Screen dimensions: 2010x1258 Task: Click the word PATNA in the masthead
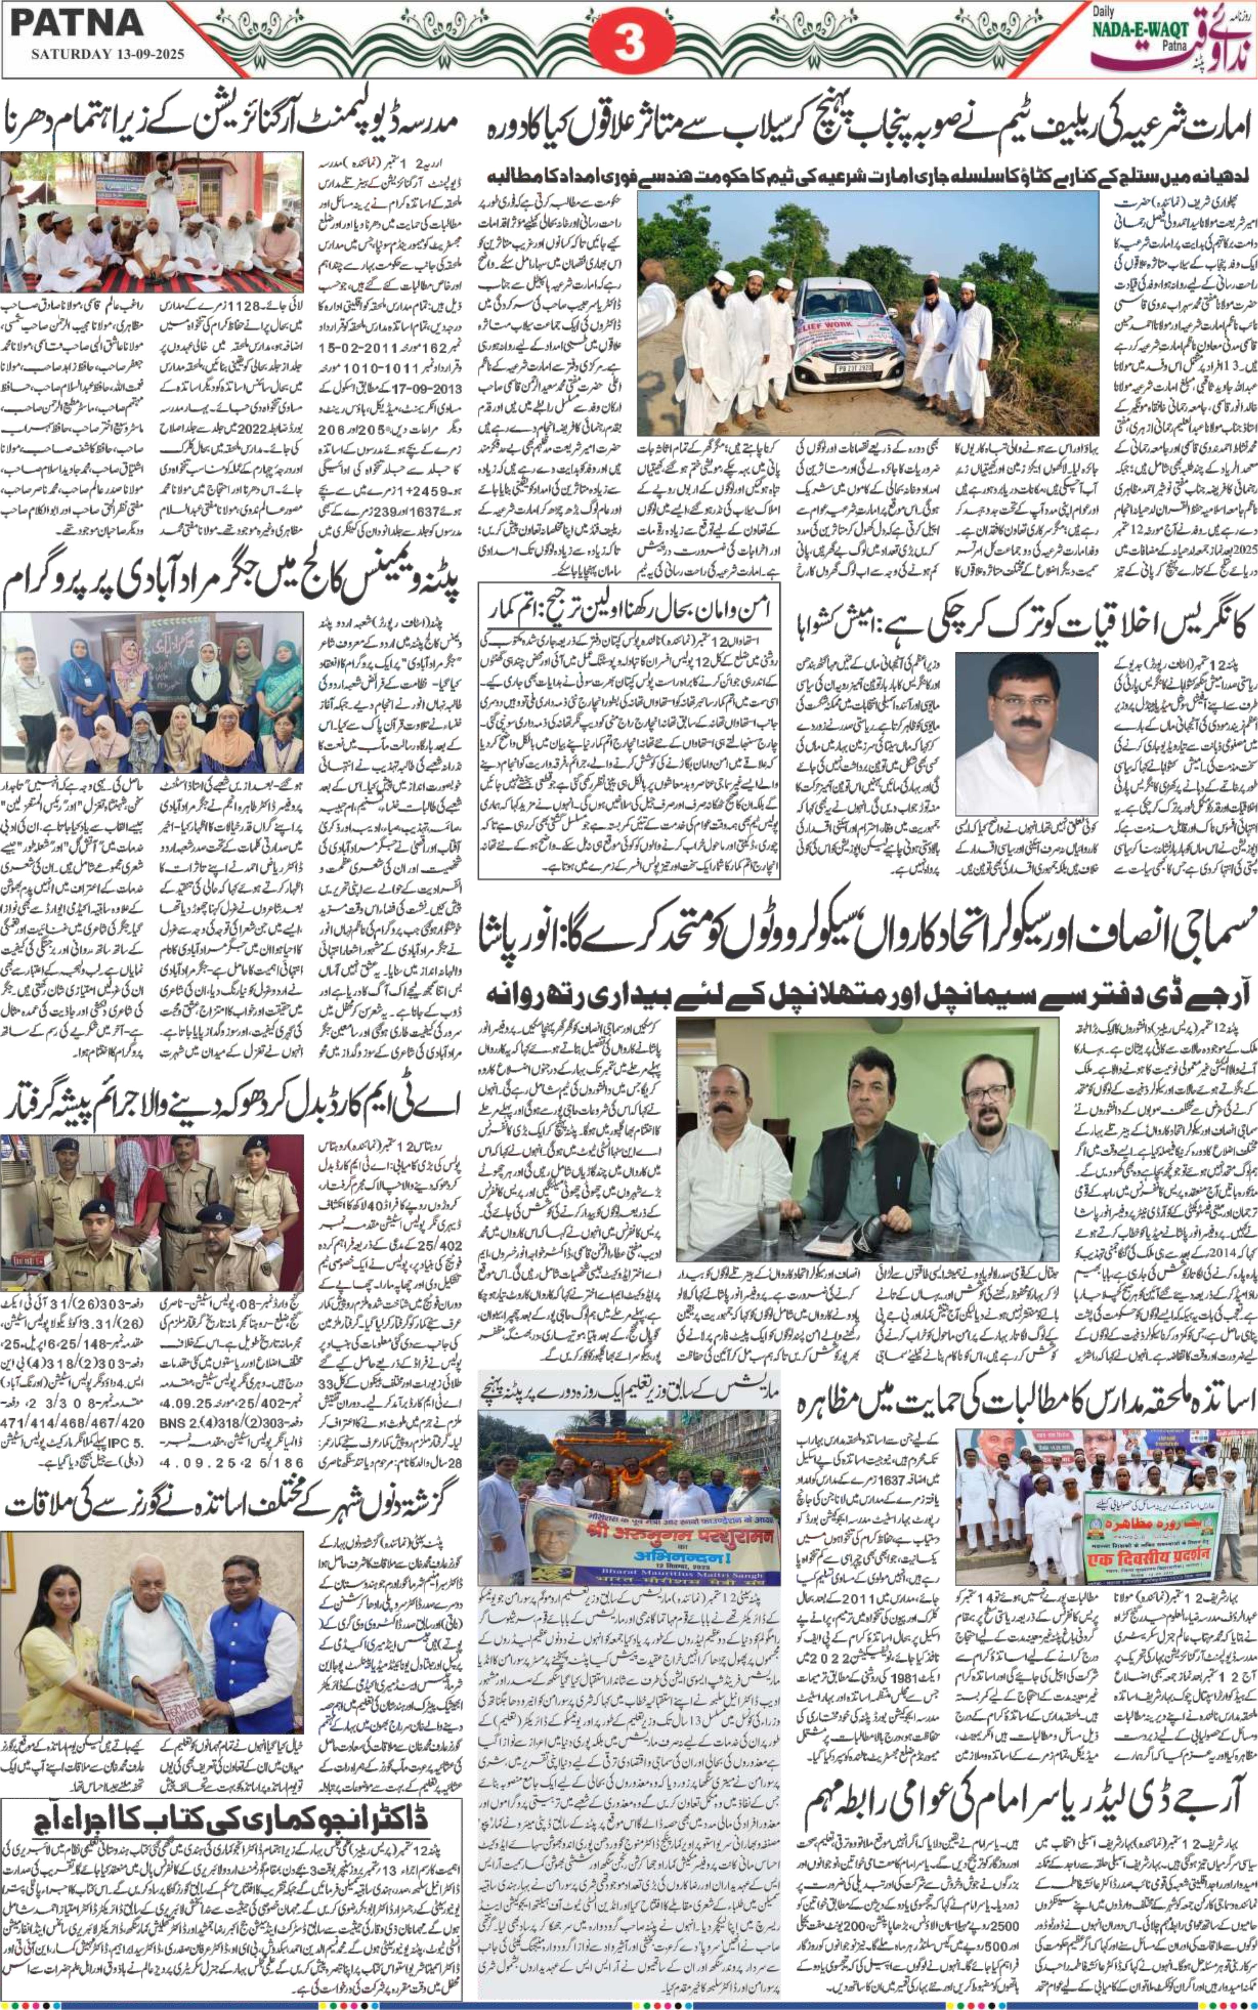pos(76,23)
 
